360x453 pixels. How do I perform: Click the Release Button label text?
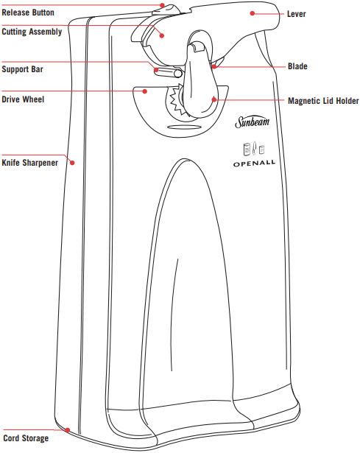coord(28,13)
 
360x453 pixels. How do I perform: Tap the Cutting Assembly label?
coord(32,32)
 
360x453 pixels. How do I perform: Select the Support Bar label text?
coord(23,69)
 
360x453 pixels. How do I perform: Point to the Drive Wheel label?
coord(23,99)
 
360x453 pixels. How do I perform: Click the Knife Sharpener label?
coord(30,163)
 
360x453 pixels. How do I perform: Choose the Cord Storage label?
coord(26,438)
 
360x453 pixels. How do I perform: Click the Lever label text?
coord(296,14)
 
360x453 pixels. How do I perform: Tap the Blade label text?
coord(297,66)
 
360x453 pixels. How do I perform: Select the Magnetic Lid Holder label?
coord(323,101)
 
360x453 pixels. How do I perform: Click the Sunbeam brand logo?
coord(253,122)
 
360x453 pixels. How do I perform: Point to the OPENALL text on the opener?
coord(254,164)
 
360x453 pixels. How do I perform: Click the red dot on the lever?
coord(253,13)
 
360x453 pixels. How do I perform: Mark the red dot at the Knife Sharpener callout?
coord(72,163)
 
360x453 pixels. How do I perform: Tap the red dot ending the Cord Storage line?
coord(68,430)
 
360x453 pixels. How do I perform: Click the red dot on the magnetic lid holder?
coord(214,99)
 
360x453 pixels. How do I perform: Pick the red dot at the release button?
coord(163,5)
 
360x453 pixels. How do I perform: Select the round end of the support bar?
coord(178,74)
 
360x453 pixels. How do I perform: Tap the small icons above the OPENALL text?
coord(254,149)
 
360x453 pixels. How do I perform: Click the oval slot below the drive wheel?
coord(184,127)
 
